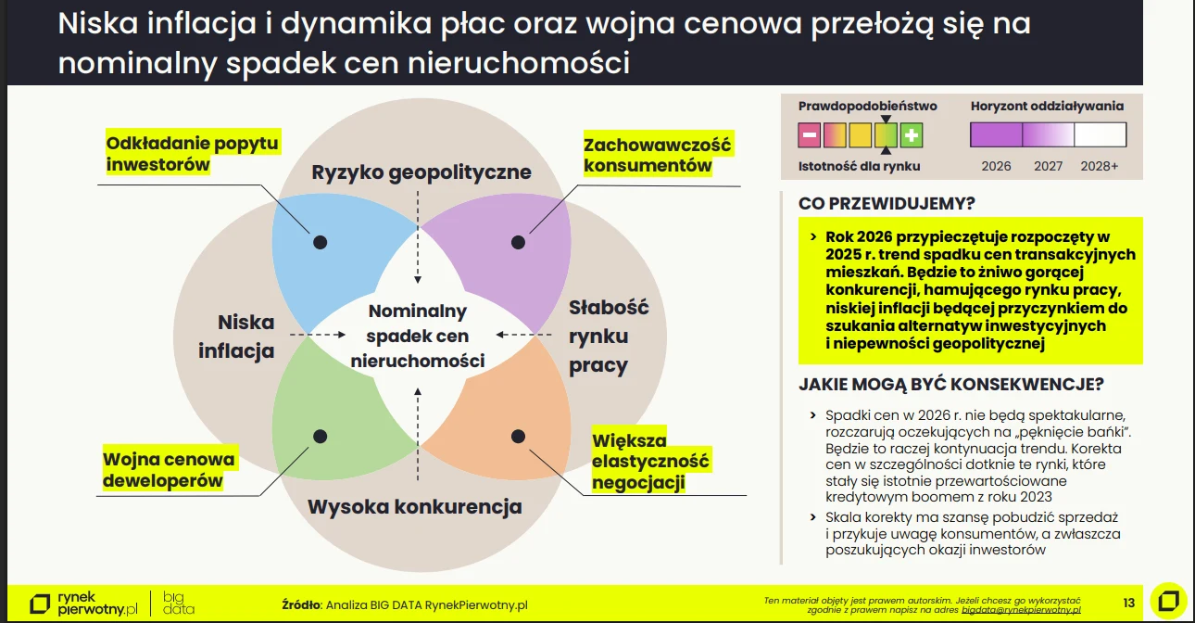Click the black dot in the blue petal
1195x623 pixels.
click(x=321, y=242)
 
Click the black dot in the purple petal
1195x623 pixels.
click(x=519, y=242)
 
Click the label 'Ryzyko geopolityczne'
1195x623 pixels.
click(x=421, y=172)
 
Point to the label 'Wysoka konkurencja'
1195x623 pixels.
click(x=415, y=507)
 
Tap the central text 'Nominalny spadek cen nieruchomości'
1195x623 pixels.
click(x=418, y=336)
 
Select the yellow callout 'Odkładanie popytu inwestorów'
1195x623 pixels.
click(x=192, y=153)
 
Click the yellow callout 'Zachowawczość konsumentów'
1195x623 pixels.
click(x=657, y=155)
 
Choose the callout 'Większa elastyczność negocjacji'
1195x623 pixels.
click(x=649, y=461)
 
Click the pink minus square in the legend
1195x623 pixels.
click(x=809, y=136)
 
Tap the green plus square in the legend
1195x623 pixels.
click(x=912, y=136)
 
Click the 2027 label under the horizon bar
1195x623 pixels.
click(x=1048, y=166)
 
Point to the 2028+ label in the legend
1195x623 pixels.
click(x=1100, y=166)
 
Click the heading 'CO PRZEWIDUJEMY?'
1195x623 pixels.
click(x=887, y=203)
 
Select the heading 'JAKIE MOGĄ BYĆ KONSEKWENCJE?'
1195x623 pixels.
click(x=950, y=384)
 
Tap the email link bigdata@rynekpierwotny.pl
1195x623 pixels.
click(x=1021, y=610)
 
